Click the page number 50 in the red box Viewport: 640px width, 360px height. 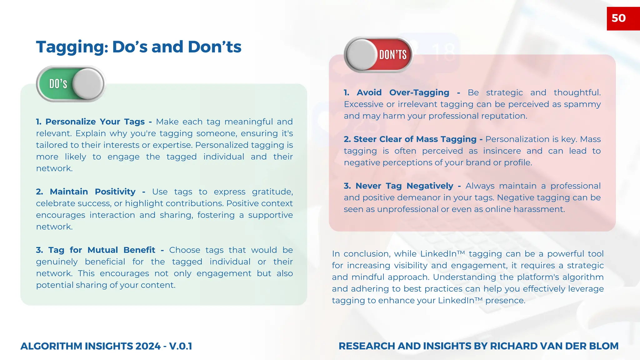pos(618,18)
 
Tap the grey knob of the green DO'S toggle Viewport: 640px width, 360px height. pos(88,84)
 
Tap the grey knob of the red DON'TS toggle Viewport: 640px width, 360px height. pos(362,55)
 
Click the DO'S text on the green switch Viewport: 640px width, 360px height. pos(58,84)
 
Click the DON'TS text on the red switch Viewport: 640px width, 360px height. pos(393,55)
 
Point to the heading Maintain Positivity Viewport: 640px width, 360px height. pos(92,192)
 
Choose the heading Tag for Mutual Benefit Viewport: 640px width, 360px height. pos(102,250)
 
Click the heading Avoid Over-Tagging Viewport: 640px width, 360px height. pos(403,92)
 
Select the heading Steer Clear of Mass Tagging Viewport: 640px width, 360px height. pos(415,139)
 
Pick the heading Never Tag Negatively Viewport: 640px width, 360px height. pos(404,186)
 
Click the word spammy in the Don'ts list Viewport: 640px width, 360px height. pos(582,104)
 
